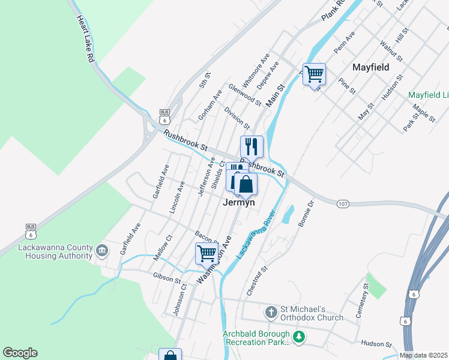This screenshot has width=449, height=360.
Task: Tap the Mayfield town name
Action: coord(371,67)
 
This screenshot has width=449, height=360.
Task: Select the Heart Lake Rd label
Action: coord(85,40)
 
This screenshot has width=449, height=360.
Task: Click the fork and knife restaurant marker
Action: coord(252,146)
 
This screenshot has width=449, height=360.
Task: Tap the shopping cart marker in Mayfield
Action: coord(314,74)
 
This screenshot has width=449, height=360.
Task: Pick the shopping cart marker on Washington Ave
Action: coord(206,254)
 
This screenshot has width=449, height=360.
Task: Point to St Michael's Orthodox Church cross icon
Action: coord(271,312)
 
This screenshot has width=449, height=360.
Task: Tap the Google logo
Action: coord(20,353)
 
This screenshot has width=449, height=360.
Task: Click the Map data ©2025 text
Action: coord(423,355)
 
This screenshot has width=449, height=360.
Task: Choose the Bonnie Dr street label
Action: coord(305,214)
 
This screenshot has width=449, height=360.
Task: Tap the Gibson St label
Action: coord(167,278)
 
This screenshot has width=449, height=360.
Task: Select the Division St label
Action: coord(237,118)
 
